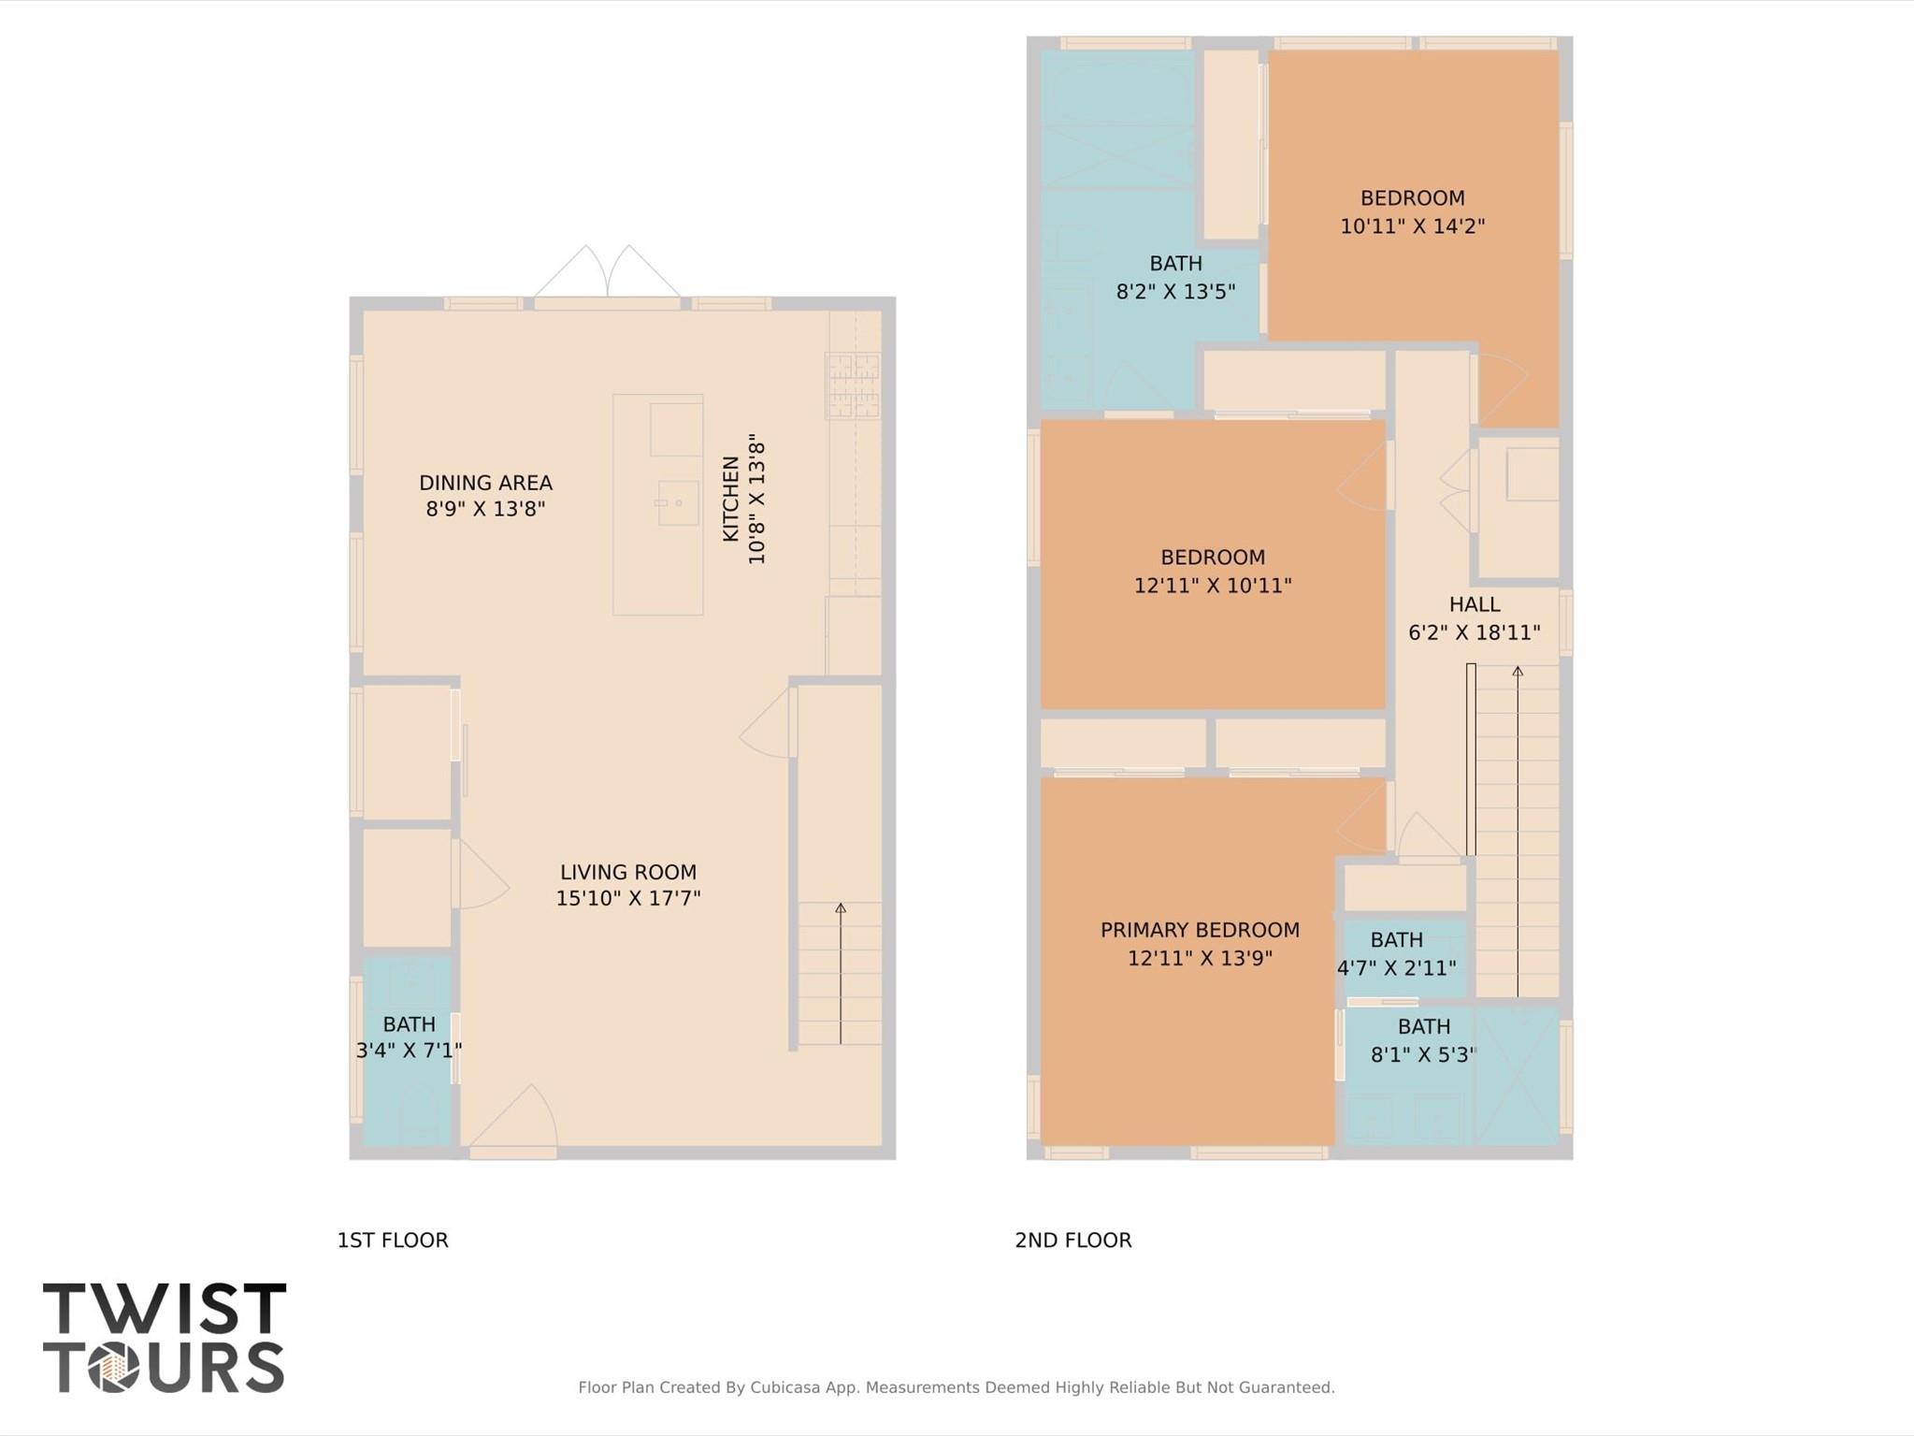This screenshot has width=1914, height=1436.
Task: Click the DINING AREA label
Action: (x=485, y=483)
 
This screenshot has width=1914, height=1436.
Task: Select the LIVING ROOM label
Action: (x=627, y=872)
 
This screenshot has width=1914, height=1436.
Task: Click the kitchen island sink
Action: (x=678, y=502)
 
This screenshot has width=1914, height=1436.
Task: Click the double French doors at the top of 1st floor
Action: (x=607, y=274)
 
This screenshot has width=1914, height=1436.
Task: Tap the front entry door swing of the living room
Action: (x=514, y=1118)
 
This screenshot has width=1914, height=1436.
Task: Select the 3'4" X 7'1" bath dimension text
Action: (x=409, y=1051)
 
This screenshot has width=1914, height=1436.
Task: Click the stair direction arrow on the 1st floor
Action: (x=841, y=973)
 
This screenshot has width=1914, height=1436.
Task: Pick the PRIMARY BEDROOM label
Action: (x=1200, y=930)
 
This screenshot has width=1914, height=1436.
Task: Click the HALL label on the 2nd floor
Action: (x=1475, y=604)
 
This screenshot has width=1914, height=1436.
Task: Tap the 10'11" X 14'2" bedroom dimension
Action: (x=1412, y=225)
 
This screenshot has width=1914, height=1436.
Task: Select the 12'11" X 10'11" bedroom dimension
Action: (x=1213, y=586)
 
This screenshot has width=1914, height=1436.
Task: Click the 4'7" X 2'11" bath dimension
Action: (x=1396, y=967)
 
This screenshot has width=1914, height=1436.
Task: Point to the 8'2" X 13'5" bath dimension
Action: (x=1175, y=291)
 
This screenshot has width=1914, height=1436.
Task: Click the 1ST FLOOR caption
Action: (x=393, y=1240)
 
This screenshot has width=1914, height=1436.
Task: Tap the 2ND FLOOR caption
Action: (x=1072, y=1240)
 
